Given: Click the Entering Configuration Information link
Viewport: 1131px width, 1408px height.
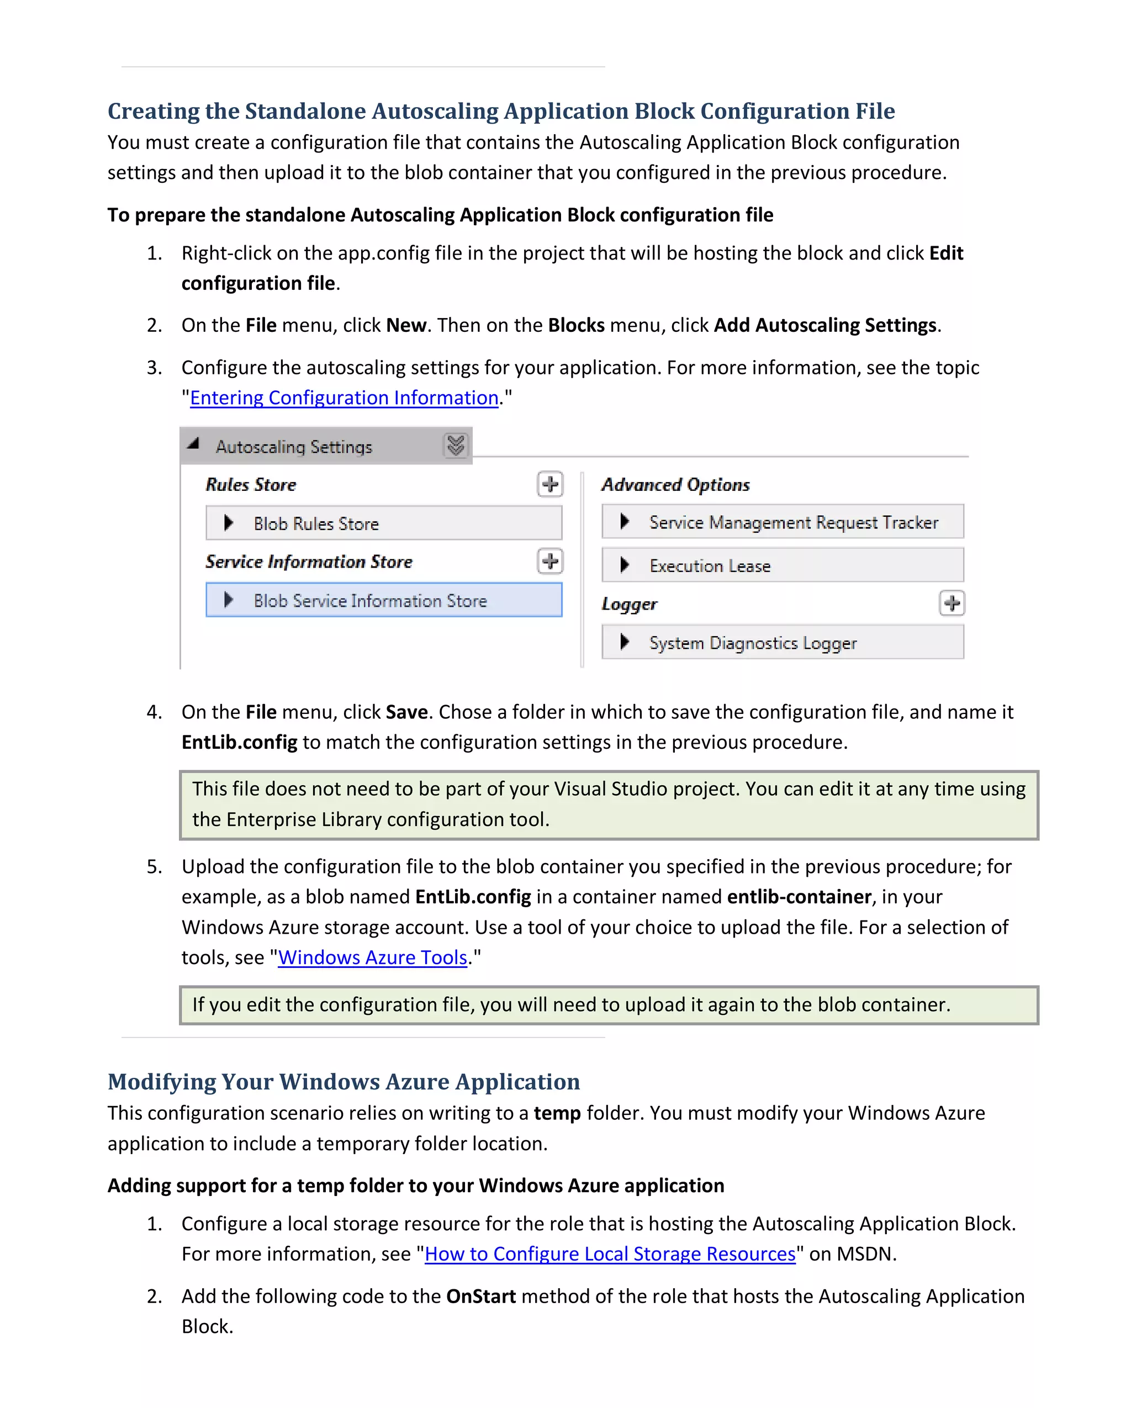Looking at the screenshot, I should pos(344,398).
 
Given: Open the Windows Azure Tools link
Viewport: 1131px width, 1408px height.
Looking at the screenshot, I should pos(372,957).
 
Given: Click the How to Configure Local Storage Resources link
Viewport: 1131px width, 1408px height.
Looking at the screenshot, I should pos(610,1254).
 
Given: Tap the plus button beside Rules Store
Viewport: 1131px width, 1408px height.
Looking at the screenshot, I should pos(550,485).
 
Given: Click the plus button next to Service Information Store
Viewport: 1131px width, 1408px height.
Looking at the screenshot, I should pos(550,561).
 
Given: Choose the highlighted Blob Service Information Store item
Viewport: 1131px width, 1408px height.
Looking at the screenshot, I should pos(383,600).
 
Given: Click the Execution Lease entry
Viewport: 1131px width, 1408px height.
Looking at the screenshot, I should pos(781,565).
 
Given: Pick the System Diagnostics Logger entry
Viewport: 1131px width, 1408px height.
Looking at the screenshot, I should pos(781,643).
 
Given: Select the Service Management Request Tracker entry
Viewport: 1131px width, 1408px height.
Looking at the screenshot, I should pos(781,522).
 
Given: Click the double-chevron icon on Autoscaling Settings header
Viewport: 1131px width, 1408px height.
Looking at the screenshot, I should pos(456,446).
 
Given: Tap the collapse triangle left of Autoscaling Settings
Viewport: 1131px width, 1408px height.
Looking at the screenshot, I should pos(193,444).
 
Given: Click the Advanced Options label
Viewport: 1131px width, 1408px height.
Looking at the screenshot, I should pos(675,485).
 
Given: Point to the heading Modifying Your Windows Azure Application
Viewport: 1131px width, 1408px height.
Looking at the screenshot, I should pos(343,1082).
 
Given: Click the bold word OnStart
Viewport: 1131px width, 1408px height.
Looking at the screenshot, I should pos(480,1296).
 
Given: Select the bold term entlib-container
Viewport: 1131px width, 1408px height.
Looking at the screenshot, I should pos(799,897).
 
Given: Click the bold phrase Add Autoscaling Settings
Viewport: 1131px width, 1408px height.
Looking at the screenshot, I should pos(825,325).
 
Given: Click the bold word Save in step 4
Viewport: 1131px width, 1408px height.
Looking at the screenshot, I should pos(406,712).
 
